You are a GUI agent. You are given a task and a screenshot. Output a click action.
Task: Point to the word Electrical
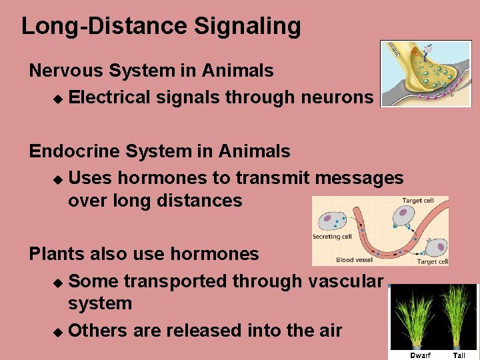[109, 97]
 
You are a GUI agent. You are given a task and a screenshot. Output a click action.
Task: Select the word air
[327, 330]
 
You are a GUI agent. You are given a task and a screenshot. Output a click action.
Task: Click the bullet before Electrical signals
[57, 99]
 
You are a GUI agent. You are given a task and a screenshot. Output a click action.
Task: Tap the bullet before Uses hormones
[57, 179]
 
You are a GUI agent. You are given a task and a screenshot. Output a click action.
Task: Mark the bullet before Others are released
[57, 331]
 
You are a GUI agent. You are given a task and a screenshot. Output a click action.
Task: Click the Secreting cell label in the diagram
[332, 237]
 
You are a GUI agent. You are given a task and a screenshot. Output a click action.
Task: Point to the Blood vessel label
[354, 261]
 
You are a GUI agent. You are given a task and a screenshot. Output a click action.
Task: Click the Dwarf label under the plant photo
[420, 355]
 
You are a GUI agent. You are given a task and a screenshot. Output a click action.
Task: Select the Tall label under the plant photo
[459, 355]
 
